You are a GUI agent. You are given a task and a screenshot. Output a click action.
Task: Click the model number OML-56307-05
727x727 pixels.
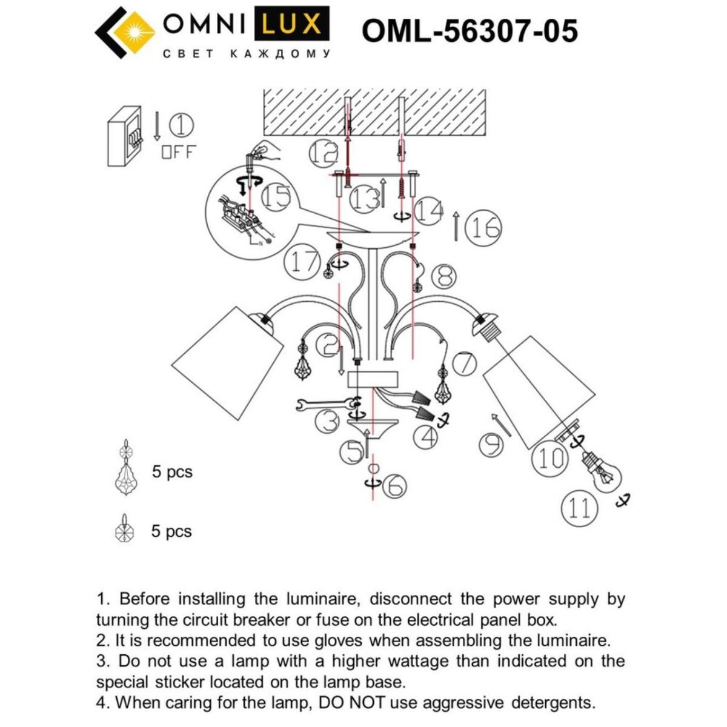coord(470,30)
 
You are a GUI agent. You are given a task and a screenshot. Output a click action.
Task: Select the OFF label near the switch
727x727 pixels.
coord(179,152)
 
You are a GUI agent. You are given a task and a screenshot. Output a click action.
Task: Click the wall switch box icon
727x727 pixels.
coord(125,136)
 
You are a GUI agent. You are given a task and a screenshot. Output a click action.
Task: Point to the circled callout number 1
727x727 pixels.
coord(181,126)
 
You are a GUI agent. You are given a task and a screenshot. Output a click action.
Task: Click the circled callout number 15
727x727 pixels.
coord(276,198)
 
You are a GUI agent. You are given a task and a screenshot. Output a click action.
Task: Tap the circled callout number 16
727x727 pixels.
coord(484,228)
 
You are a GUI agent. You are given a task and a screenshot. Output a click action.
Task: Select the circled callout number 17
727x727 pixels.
coord(302,262)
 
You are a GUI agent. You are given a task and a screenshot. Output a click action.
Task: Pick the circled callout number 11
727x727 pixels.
coord(579,507)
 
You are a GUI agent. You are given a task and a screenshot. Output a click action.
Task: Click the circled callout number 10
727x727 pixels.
coord(550,459)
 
